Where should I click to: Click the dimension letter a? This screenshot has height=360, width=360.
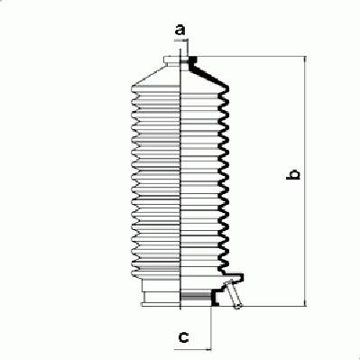(180, 30)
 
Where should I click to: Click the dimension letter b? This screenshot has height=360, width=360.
(292, 174)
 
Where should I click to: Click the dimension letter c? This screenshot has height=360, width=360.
(183, 337)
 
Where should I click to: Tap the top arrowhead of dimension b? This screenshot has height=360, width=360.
(305, 59)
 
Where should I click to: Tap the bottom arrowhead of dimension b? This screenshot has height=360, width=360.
(305, 303)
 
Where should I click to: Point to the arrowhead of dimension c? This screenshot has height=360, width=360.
(208, 350)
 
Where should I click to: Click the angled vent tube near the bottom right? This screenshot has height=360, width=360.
(233, 294)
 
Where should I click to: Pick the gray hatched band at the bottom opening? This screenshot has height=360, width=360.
(196, 296)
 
